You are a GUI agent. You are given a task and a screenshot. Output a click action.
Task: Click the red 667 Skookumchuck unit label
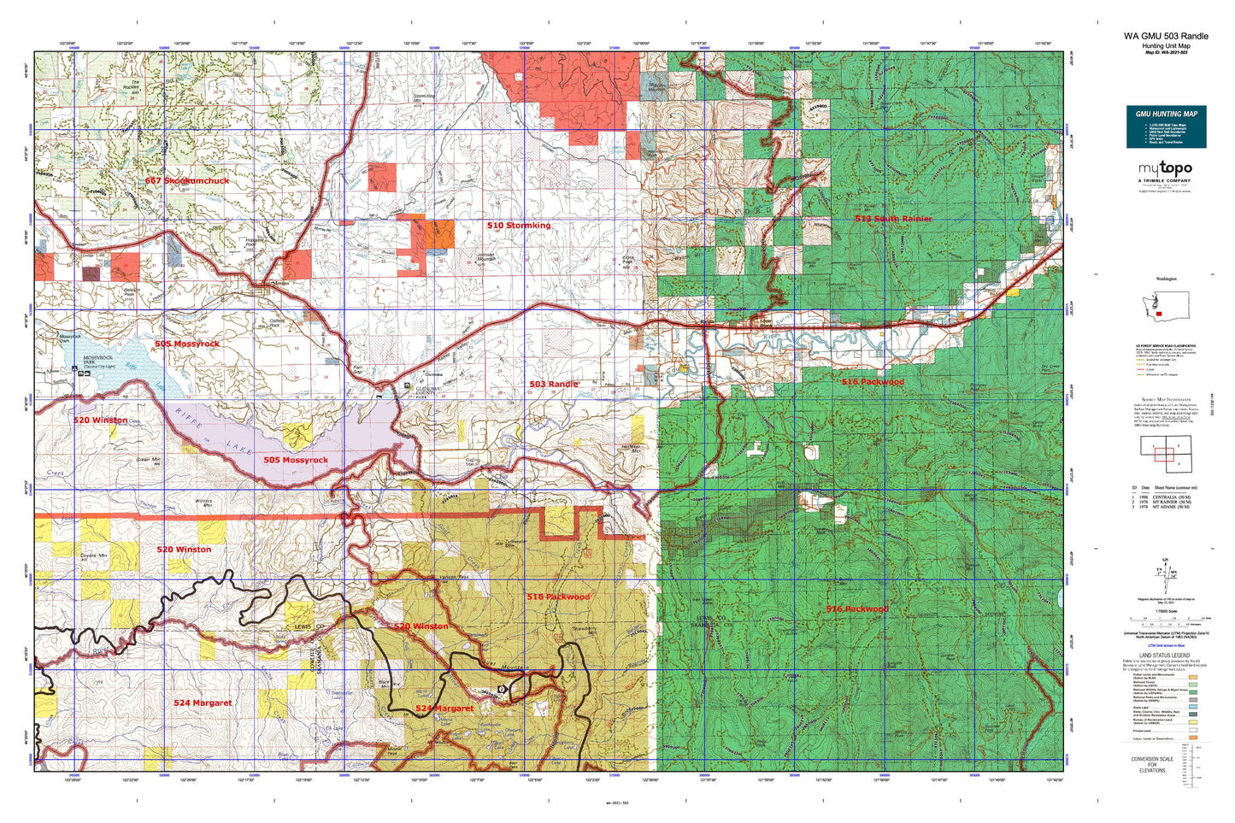[x=186, y=181]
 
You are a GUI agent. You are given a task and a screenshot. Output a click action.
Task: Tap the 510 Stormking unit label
[x=519, y=226]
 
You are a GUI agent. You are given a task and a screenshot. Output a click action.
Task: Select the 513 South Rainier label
[x=893, y=219]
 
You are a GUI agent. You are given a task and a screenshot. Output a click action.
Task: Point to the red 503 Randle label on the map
[x=553, y=384]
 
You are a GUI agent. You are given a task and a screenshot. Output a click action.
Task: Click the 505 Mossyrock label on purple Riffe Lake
[x=295, y=460]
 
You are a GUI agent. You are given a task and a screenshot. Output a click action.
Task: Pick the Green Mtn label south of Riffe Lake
[x=149, y=460]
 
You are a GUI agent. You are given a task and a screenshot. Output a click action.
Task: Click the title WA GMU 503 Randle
[x=1166, y=36]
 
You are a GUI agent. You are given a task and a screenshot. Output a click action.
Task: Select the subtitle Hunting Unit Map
[x=1166, y=46]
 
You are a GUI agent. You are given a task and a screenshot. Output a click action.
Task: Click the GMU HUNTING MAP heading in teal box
[x=1166, y=114]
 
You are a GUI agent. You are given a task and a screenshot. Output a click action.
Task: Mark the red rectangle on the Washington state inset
[x=1158, y=314]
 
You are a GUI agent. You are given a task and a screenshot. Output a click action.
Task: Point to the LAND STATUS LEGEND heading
[x=1165, y=655]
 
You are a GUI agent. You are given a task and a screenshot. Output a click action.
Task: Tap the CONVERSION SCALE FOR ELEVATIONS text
[x=1151, y=764]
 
